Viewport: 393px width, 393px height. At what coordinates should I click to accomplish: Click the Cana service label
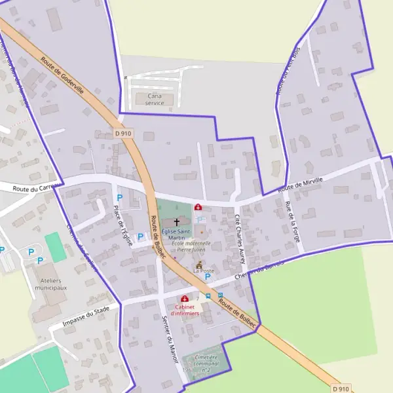tap(155, 99)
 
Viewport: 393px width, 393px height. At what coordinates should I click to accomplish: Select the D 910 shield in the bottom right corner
tap(341, 388)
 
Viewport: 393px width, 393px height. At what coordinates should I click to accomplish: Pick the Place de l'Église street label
tap(122, 225)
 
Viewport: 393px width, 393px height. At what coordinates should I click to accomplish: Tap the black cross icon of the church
tap(177, 223)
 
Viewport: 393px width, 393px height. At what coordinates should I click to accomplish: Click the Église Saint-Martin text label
tap(176, 234)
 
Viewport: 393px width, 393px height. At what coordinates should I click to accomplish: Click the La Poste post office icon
tap(199, 264)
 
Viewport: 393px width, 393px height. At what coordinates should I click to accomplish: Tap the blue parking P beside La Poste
tap(208, 277)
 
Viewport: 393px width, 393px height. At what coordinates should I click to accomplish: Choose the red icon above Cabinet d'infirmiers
tap(185, 299)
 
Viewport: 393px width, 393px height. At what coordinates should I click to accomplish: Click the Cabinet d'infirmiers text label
tap(185, 310)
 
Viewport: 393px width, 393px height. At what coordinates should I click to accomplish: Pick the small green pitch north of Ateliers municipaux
tap(56, 247)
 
